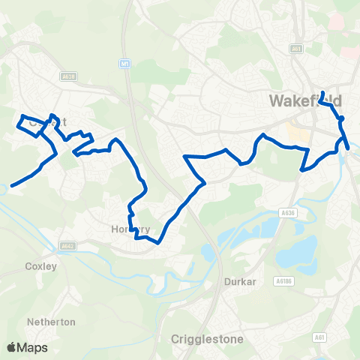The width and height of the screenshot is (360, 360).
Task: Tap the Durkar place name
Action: click(x=238, y=282)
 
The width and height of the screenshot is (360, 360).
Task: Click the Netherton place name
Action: click(x=51, y=322)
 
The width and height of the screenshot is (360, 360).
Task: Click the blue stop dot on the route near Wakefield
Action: click(x=340, y=118)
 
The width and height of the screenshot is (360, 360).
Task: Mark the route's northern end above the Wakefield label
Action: click(x=322, y=92)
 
